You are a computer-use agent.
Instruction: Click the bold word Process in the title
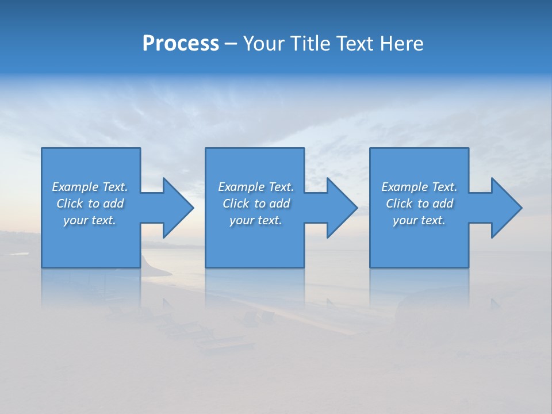click(x=181, y=44)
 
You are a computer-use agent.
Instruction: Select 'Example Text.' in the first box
click(x=90, y=187)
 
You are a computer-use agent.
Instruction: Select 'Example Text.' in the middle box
click(x=256, y=187)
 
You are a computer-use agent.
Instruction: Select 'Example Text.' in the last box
click(x=419, y=187)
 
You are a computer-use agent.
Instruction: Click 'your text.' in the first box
click(x=90, y=220)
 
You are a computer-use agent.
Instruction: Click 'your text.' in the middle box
click(x=256, y=220)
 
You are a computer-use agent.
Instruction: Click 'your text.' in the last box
click(x=419, y=220)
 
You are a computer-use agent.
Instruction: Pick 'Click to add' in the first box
click(x=90, y=204)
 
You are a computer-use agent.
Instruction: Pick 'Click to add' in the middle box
click(x=256, y=204)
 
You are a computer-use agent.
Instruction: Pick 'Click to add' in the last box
click(x=419, y=204)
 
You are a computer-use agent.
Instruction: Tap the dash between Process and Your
click(x=231, y=44)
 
